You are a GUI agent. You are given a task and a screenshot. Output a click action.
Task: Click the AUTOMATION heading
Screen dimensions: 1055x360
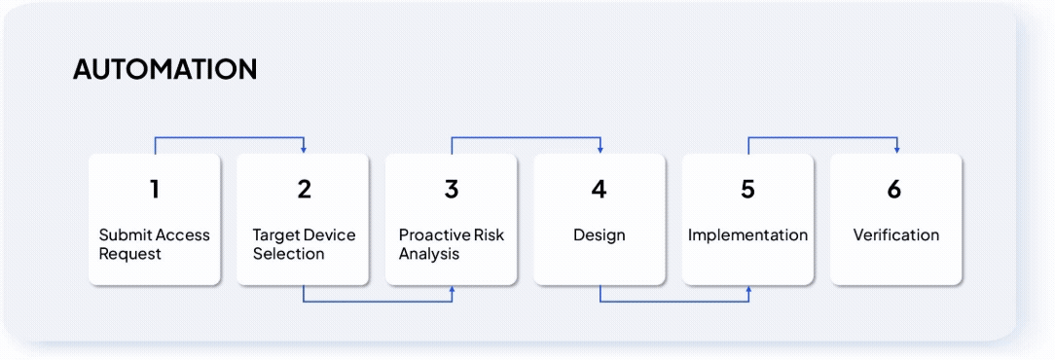[164, 69]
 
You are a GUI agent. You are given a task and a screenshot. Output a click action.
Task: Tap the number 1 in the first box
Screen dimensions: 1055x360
[155, 190]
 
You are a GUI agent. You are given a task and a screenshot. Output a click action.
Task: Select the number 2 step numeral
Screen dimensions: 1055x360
[304, 190]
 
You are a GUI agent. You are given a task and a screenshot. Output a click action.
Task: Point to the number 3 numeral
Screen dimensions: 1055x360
[452, 190]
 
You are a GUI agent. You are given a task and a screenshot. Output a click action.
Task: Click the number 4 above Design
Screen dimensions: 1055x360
[599, 190]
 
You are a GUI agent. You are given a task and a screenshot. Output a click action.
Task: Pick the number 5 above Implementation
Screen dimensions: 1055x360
[747, 190]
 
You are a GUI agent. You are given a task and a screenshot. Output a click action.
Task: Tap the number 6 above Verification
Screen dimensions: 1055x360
[894, 190]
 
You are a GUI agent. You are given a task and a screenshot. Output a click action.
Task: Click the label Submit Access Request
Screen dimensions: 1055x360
[154, 244]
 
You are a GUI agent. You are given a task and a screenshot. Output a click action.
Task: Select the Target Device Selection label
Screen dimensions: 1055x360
[304, 244]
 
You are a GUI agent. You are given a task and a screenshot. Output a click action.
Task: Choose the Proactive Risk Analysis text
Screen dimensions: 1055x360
[452, 244]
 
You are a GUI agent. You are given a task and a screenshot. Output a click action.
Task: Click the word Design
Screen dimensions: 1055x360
[599, 235]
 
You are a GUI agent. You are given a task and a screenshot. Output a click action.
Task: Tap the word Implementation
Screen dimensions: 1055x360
[747, 235]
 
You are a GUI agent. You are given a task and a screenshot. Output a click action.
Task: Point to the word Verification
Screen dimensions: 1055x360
[896, 235]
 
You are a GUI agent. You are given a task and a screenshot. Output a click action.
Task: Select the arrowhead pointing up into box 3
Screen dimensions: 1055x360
[453, 289]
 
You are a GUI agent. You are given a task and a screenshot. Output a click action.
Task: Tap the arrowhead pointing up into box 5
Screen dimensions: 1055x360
[748, 289]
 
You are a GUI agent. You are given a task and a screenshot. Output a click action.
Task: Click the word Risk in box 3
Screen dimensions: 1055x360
[489, 235]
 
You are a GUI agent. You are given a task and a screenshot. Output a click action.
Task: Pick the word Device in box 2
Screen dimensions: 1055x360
[329, 235]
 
